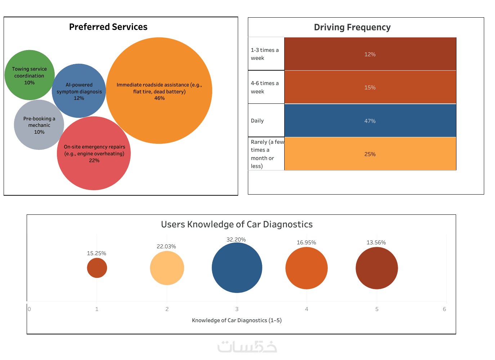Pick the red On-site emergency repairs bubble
(x=94, y=173)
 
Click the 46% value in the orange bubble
(x=159, y=98)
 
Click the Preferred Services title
(x=108, y=27)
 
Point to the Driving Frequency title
(x=352, y=27)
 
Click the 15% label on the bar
(x=370, y=88)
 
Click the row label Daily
(x=257, y=121)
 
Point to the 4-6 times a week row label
(x=264, y=87)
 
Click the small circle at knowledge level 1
(x=97, y=268)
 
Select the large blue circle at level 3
(x=237, y=268)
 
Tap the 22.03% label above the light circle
(x=166, y=246)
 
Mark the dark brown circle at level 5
(x=376, y=268)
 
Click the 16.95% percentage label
(x=306, y=243)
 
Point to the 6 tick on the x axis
(x=444, y=309)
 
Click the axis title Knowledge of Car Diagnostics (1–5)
(x=237, y=320)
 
